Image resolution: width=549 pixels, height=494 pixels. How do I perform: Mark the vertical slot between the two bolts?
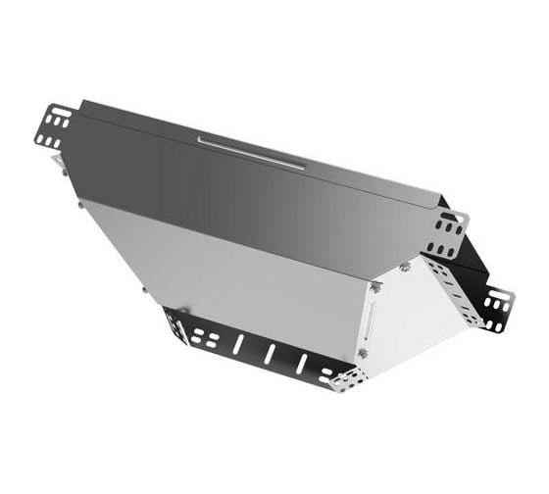tap(370, 320)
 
